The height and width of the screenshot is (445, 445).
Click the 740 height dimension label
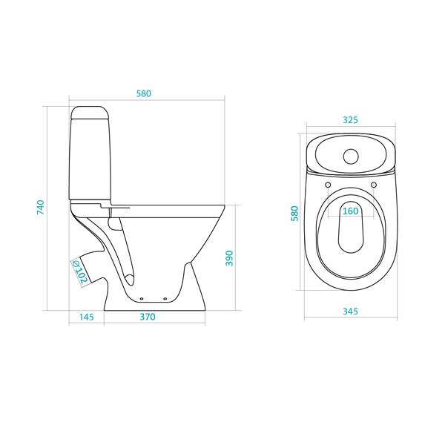(41, 207)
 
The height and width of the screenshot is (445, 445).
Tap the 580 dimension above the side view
(144, 93)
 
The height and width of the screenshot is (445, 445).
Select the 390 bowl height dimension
(229, 258)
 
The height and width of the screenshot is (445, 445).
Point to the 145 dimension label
(86, 317)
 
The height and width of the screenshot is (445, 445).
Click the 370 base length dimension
(148, 317)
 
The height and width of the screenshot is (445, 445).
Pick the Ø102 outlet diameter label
(80, 272)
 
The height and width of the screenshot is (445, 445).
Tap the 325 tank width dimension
(350, 120)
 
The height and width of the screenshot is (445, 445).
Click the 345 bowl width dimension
(350, 311)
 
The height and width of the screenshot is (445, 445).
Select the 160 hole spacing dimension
(351, 211)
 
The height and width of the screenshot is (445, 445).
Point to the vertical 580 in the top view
(294, 214)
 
